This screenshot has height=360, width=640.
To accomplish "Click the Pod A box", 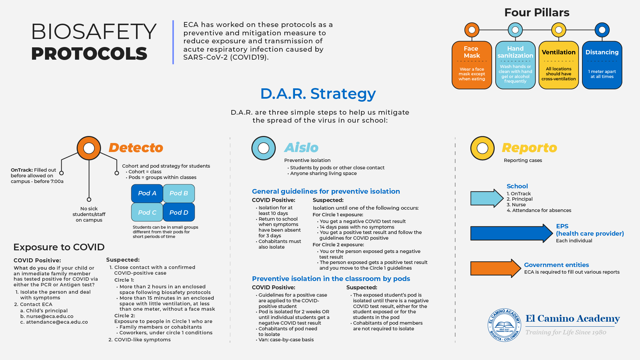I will tap(147, 193).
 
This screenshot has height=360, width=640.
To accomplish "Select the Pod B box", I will tap(179, 193).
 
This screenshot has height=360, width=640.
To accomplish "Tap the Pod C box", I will tap(147, 212).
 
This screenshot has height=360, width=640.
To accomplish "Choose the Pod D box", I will tap(179, 212).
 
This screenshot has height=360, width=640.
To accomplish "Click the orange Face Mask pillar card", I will tap(472, 65).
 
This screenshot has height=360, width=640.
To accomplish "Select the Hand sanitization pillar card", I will tap(515, 65).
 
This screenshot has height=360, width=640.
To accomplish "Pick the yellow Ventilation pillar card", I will tap(559, 65).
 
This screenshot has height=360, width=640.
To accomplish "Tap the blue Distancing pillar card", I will tap(602, 65).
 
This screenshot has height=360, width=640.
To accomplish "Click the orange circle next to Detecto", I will tap(89, 148).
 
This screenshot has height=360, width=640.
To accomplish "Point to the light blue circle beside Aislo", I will tap(264, 148).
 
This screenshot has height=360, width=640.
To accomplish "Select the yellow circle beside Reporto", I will tap(482, 148).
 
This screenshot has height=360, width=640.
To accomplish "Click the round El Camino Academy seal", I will tap(504, 325).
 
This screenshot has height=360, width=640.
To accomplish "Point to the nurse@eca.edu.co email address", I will tap(50, 316).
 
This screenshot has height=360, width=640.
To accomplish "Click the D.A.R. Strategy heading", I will tap(318, 94).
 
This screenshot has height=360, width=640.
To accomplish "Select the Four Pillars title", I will tap(537, 13).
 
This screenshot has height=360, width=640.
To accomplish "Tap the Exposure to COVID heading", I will tap(59, 247).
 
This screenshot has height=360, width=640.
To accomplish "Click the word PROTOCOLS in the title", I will tap(89, 54).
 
